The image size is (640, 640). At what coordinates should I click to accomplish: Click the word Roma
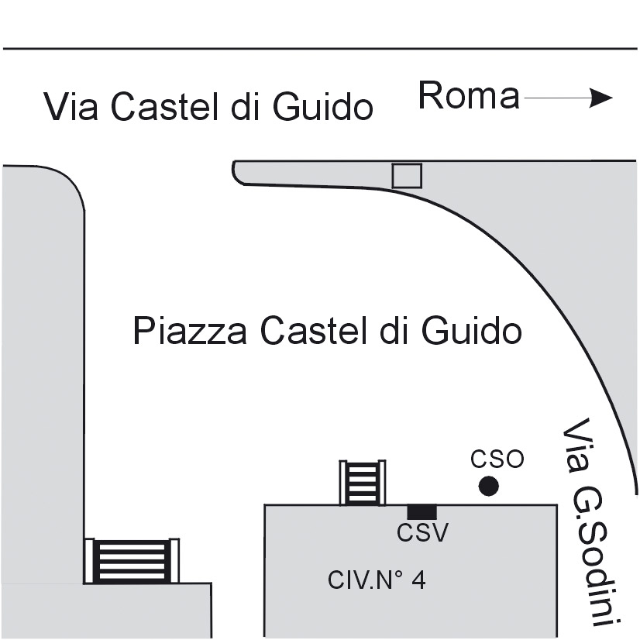point(469,96)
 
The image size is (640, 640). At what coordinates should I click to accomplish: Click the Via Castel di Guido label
point(208,107)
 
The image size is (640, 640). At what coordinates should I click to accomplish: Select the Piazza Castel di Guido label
point(327,330)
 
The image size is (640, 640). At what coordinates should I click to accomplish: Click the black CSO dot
point(488,486)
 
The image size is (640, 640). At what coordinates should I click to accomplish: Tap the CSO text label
point(497,459)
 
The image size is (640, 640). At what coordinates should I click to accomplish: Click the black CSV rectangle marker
point(422,512)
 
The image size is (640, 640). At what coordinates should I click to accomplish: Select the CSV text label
point(422,532)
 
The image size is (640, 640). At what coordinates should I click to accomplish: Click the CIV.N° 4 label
point(377,580)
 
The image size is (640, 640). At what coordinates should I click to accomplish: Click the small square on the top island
point(407,176)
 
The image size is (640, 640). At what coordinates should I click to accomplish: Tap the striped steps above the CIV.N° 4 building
point(363,483)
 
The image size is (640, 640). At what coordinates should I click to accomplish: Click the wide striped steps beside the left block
point(132,561)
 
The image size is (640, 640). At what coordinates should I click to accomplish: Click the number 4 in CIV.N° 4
point(418,580)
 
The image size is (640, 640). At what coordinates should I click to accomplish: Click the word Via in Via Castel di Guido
point(71,107)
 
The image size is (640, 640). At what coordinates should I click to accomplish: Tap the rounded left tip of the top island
point(234,171)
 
